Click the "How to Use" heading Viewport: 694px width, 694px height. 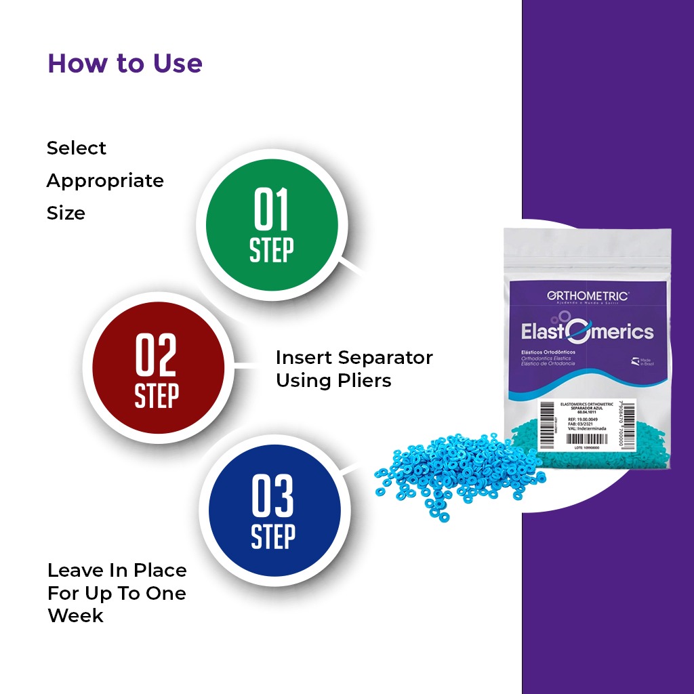click(125, 63)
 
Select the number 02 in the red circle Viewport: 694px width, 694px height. click(157, 355)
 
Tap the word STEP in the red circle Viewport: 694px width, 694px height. click(157, 395)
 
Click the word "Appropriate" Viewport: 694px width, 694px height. click(105, 181)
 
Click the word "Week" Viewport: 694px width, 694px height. click(75, 615)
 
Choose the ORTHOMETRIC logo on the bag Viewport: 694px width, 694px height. click(586, 295)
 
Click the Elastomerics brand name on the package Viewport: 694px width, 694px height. click(587, 331)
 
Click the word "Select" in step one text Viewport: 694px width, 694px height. click(77, 148)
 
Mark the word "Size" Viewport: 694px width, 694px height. click(66, 213)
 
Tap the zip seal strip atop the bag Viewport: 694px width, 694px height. click(587, 239)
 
